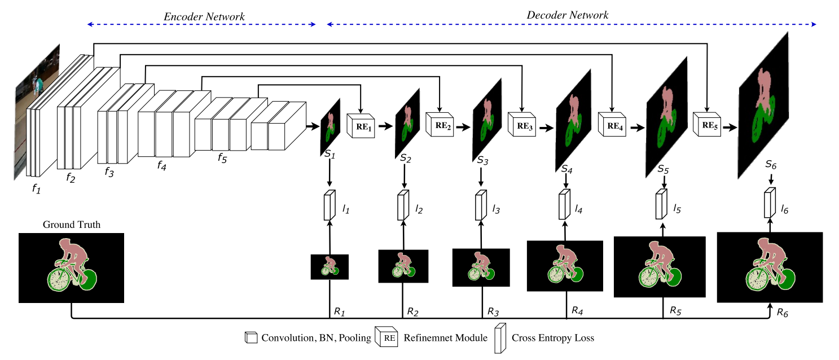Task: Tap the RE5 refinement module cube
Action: [707, 125]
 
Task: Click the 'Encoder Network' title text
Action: [204, 17]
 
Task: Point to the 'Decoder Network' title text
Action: [567, 15]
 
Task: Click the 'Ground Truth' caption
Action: [71, 225]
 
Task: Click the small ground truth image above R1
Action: [330, 266]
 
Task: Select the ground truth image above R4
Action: [565, 266]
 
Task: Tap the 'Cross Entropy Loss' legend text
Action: [553, 339]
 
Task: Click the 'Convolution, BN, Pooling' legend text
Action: [316, 339]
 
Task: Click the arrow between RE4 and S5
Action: [636, 128]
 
